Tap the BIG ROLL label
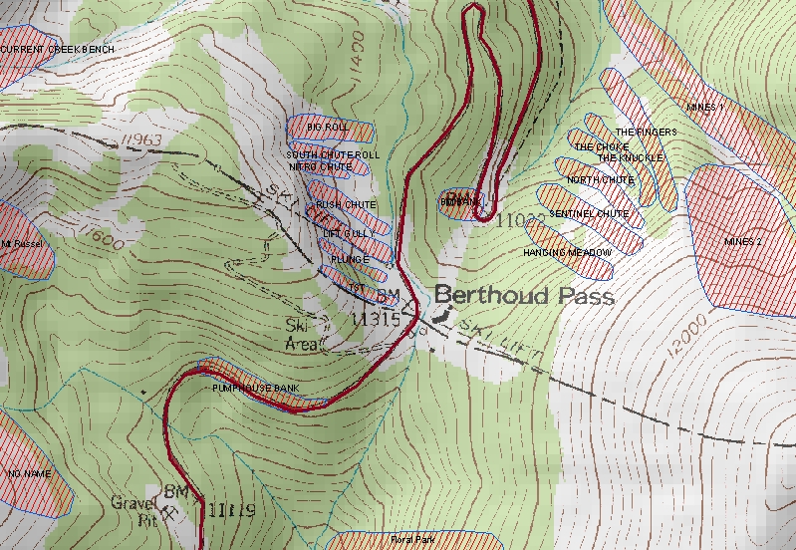click(x=328, y=129)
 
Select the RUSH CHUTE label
click(x=346, y=205)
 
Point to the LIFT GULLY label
click(x=349, y=233)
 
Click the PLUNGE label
click(x=349, y=260)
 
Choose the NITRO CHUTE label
click(x=320, y=167)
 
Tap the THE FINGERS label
click(x=646, y=133)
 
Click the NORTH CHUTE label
click(x=600, y=180)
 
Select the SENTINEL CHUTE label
click(x=588, y=214)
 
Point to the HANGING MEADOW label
click(x=567, y=253)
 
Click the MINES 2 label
click(x=742, y=242)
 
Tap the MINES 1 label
click(x=706, y=106)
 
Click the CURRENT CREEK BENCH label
click(x=57, y=50)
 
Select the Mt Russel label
click(x=19, y=242)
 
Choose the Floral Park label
click(x=412, y=540)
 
